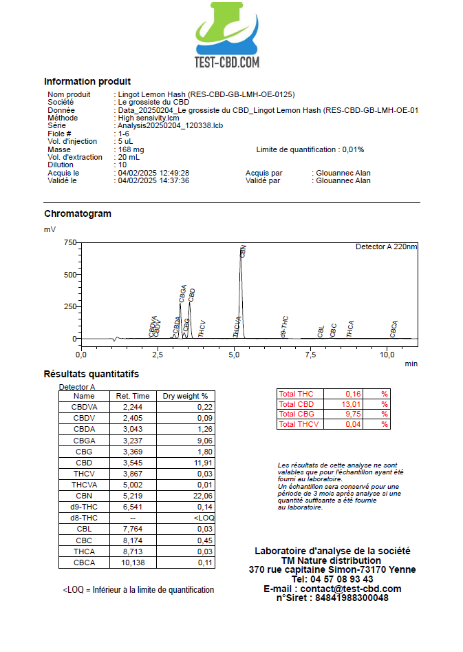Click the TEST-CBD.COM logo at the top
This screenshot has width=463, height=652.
click(227, 34)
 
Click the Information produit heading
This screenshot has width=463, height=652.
click(87, 81)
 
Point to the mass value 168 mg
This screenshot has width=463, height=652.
click(131, 149)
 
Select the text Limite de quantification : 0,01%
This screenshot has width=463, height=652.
click(310, 149)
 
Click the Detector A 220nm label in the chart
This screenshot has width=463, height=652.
click(386, 246)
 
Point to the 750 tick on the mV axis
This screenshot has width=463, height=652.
click(69, 242)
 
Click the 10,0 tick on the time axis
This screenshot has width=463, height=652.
click(387, 355)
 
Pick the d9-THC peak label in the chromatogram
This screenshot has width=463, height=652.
click(285, 326)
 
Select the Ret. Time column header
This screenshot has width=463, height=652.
click(132, 396)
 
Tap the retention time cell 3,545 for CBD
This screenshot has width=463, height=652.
click(132, 462)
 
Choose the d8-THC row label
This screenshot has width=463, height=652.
click(84, 517)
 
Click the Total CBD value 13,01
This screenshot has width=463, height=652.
click(352, 404)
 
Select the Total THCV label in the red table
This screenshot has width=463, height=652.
click(299, 425)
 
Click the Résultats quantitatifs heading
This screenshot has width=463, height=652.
click(91, 374)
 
